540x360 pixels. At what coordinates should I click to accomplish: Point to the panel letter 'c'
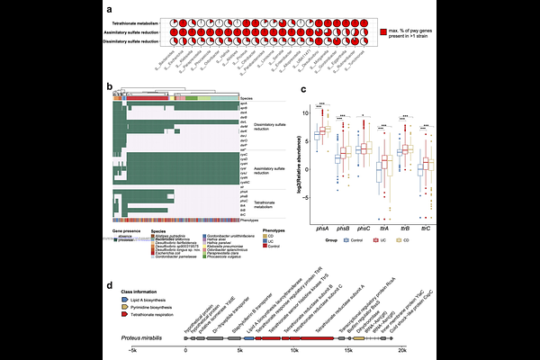point(303,89)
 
